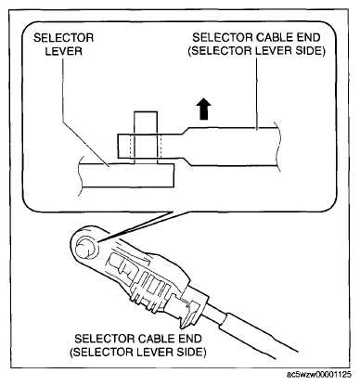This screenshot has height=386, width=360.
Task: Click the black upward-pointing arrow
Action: (204, 109)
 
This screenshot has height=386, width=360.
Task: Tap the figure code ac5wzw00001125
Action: (319, 375)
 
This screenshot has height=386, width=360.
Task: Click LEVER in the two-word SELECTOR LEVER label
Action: (64, 51)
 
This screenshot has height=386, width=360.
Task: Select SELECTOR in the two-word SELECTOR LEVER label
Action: (64, 38)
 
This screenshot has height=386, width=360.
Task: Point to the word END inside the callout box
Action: (308, 38)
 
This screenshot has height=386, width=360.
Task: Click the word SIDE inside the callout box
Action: (311, 51)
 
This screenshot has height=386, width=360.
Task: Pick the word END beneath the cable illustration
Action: (189, 339)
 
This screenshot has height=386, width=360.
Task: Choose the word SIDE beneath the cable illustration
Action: (191, 352)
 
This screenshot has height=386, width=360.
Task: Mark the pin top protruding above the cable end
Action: (146, 122)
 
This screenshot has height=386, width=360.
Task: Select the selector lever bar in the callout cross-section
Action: (127, 175)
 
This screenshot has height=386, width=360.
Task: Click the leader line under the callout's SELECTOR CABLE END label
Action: (257, 93)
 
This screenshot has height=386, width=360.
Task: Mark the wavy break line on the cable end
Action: (278, 146)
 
